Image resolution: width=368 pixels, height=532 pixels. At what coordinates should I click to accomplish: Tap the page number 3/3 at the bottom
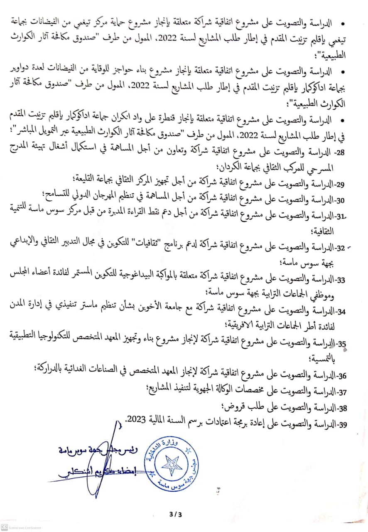[x=176, y=514]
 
